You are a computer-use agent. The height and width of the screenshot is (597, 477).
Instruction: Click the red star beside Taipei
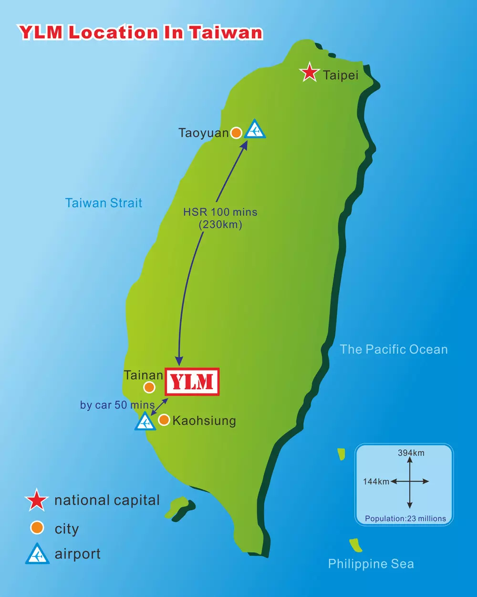309,72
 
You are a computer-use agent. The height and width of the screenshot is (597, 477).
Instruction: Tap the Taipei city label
341,75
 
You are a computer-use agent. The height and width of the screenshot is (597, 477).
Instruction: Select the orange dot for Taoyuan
236,133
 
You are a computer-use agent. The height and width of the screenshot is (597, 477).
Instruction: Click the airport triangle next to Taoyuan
255,130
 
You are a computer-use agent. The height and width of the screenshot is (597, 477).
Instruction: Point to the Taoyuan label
204,133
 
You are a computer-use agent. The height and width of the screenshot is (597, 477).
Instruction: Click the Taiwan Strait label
104,203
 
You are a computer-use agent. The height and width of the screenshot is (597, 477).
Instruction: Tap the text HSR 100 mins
220,212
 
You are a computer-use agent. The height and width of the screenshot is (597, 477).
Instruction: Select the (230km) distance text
220,225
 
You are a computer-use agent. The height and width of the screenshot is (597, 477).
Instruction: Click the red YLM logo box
192,381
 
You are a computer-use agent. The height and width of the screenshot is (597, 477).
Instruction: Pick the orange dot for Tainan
149,387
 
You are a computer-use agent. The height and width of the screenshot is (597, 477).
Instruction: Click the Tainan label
143,375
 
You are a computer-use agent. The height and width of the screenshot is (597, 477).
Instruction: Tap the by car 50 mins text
117,405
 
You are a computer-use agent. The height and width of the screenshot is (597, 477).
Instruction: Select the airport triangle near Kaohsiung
145,422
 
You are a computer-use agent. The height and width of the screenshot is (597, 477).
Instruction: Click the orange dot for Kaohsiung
164,420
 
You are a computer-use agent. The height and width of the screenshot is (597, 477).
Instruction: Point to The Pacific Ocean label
394,350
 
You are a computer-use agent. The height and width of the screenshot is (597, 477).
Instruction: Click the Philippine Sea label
371,564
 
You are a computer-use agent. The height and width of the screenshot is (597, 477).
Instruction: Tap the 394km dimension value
411,453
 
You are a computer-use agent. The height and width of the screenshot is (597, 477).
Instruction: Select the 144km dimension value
376,482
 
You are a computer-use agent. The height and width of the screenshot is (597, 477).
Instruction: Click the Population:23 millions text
405,518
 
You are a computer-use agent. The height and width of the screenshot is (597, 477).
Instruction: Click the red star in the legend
37,500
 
